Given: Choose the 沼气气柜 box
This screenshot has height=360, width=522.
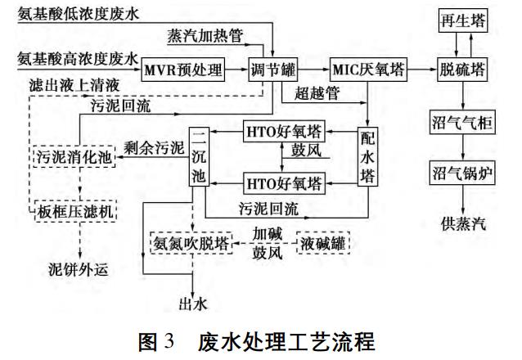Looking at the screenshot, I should pos(462,124).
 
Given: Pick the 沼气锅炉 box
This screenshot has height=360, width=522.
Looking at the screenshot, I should pos(462,173).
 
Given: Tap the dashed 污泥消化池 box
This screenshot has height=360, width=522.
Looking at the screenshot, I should pos(72,155).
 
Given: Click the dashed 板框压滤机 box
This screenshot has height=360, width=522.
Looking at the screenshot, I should pos(72,212).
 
